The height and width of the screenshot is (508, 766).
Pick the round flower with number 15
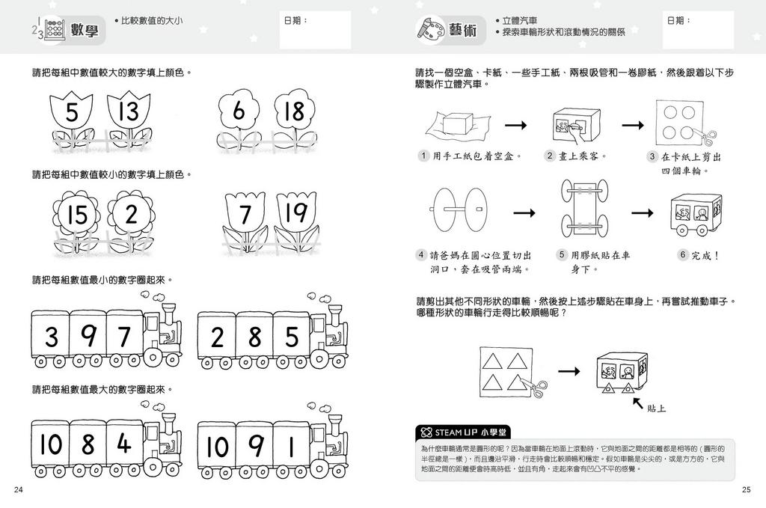point(76,215)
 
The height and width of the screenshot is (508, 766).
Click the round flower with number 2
point(132,215)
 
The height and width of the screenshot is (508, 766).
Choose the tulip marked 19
point(297,215)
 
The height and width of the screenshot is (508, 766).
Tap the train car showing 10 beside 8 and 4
point(51,444)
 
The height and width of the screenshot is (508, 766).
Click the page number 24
point(19,489)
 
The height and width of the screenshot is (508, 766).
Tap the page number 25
point(746,489)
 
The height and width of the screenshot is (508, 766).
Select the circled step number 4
point(423,255)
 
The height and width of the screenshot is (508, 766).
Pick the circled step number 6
point(682,255)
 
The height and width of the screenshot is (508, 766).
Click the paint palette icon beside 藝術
point(429,29)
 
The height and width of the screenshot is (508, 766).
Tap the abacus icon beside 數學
point(49,30)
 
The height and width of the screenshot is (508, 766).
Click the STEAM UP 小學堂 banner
point(464,432)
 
